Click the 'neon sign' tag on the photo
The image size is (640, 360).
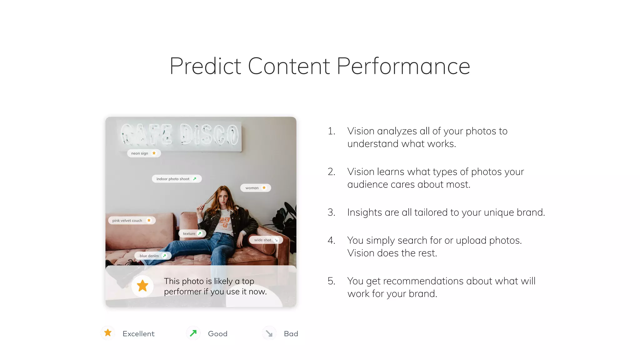[143, 153]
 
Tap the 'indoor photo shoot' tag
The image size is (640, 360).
[176, 179]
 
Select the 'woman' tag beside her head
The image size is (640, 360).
[255, 188]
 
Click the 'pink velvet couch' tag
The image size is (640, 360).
[132, 220]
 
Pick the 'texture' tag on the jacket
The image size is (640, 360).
[192, 233]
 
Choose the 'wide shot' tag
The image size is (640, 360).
[266, 240]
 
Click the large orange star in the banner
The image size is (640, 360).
[142, 286]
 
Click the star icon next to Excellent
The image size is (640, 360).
[108, 333]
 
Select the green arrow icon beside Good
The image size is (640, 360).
[193, 333]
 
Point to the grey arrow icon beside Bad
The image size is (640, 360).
[269, 333]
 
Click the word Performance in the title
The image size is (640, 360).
[403, 66]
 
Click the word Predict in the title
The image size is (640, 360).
[205, 66]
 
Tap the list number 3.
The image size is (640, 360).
[331, 212]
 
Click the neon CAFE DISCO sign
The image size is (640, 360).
[180, 135]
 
